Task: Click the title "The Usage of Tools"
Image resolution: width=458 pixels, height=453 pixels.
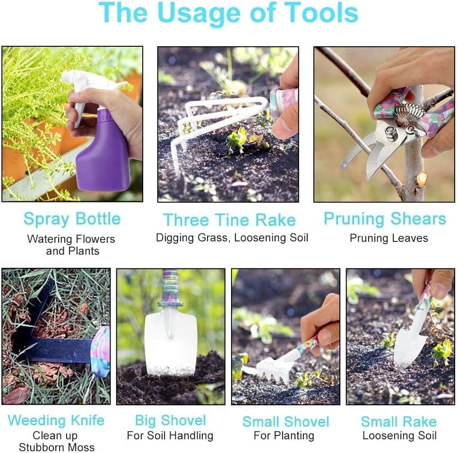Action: pos(229,13)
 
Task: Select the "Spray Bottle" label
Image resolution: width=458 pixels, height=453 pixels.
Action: pos(72,219)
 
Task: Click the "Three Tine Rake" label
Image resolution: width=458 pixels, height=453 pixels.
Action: pos(229,220)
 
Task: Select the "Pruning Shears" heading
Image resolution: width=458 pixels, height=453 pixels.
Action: pos(385,219)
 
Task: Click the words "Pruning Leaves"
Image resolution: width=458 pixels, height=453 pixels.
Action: pos(389,238)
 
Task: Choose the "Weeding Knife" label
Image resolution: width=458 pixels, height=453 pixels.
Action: pos(56,420)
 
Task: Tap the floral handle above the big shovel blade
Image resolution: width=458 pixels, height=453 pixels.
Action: pos(170,288)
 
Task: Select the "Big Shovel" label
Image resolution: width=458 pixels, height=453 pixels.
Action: pos(170,420)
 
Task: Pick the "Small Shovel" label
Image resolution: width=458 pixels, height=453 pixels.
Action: pos(285,421)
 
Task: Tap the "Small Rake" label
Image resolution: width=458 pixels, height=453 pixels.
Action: pos(398,421)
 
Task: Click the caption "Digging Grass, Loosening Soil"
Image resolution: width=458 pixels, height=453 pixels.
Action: pos(232,238)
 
